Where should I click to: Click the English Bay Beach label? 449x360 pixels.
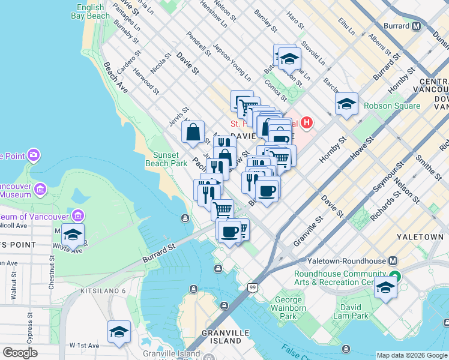coord(90,12)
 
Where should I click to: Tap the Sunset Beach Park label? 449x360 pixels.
coord(166,158)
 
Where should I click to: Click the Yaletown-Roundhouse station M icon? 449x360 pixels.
coord(393,261)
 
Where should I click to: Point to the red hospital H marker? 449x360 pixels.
coord(307,124)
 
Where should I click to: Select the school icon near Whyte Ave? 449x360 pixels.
coord(73,235)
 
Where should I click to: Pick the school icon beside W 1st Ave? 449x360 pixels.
coord(119,332)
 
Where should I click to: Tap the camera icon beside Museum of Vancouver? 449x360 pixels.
coord(77,215)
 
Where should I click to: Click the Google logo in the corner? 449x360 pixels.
coord(20,353)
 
